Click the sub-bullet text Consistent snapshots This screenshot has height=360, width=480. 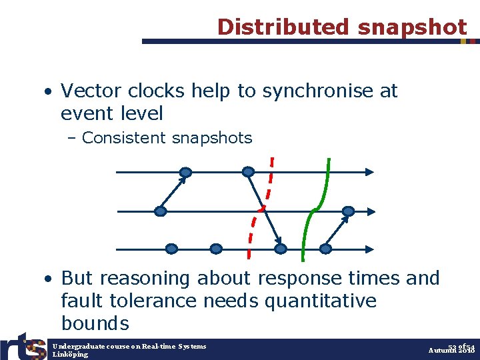(167, 138)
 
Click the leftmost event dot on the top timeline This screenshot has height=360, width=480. (185, 172)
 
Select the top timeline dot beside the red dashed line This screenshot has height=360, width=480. (248, 172)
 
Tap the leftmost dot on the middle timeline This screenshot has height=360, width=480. (160, 211)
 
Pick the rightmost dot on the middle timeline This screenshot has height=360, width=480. (347, 211)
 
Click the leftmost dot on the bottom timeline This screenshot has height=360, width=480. (171, 249)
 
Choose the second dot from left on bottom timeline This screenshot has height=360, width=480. (216, 249)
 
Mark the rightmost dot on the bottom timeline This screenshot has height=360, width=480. (325, 249)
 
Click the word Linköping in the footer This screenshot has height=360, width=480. (70, 355)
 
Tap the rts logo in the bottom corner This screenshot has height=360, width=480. (23, 345)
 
